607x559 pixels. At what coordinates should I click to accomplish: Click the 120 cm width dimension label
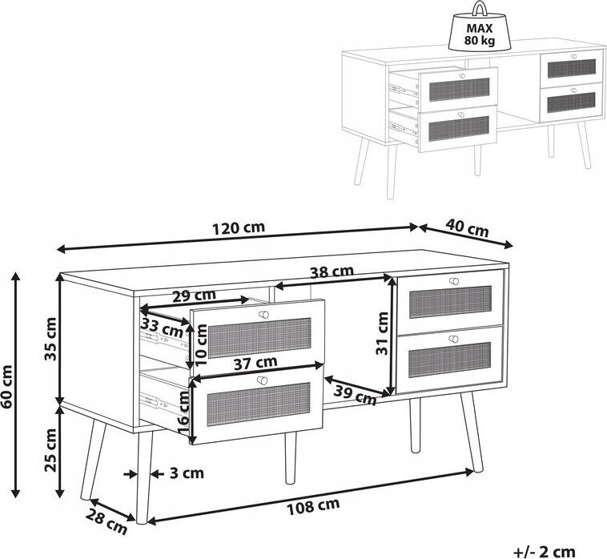239,227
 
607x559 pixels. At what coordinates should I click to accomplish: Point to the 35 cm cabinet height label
50,339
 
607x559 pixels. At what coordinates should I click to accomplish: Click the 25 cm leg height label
50,450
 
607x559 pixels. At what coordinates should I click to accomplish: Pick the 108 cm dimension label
313,506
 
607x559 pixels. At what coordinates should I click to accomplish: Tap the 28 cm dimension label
106,522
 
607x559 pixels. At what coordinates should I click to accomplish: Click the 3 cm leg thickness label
187,473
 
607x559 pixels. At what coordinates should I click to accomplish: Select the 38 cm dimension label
332,271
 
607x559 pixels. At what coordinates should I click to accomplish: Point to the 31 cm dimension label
382,333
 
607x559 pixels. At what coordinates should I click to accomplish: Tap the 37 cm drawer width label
255,363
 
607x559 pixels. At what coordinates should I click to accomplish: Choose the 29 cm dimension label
194,296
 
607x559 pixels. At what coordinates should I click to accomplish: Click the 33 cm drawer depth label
162,328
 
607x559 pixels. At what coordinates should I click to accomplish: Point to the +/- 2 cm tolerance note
545,551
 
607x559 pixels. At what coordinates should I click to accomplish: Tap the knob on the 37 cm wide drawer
263,380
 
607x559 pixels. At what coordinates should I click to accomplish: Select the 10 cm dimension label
202,345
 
